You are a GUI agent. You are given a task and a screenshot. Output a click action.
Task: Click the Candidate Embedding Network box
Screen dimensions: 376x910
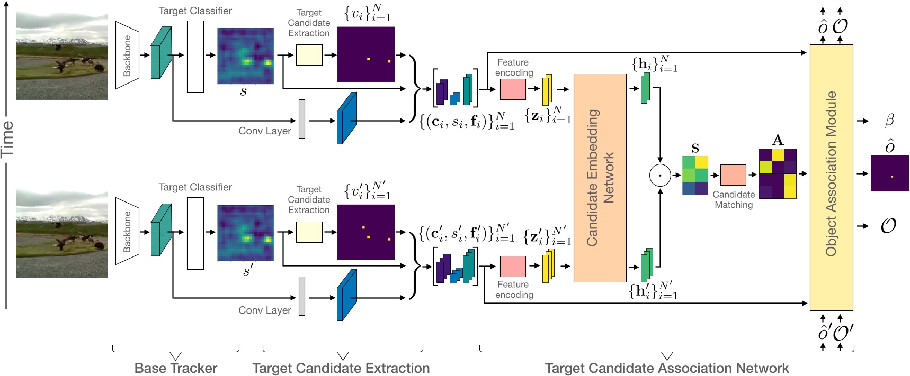tap(600, 178)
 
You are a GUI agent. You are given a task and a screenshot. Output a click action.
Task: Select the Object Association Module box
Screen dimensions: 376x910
tap(831, 177)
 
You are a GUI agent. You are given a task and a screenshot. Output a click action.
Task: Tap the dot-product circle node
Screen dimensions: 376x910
tap(660, 175)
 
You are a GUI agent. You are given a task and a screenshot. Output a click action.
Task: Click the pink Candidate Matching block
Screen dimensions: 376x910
tap(733, 175)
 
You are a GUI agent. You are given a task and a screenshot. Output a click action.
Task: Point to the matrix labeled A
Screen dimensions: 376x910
tap(778, 173)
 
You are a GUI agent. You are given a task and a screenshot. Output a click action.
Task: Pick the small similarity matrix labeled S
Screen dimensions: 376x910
tap(695, 175)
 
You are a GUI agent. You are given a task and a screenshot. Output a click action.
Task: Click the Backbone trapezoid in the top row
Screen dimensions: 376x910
tap(127, 55)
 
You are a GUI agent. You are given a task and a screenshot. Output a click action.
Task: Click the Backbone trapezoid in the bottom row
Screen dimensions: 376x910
tap(127, 231)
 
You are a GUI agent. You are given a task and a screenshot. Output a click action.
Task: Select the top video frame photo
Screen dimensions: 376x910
tap(61, 56)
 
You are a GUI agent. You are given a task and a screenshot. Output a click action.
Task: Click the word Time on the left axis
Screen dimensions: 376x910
tap(7, 139)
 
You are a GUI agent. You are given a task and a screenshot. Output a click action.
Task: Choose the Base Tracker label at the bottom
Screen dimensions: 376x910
tap(176, 368)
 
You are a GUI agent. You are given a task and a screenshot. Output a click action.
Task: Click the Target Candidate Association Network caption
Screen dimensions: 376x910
tap(666, 368)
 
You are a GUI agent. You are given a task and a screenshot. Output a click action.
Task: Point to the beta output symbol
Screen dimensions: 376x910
tap(889, 121)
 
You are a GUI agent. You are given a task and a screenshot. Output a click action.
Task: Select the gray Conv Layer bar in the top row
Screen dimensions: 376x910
tap(302, 119)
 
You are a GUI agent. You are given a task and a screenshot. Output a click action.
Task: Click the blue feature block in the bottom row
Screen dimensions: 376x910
tap(346, 295)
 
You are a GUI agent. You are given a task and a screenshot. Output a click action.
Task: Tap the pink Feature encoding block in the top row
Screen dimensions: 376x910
tap(513, 89)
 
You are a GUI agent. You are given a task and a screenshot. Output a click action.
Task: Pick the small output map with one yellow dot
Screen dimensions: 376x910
tap(889, 173)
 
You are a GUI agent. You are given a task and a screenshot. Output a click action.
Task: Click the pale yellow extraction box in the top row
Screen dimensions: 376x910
tap(309, 55)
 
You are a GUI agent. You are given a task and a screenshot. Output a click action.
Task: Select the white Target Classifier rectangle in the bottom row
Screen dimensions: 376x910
tap(195, 233)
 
